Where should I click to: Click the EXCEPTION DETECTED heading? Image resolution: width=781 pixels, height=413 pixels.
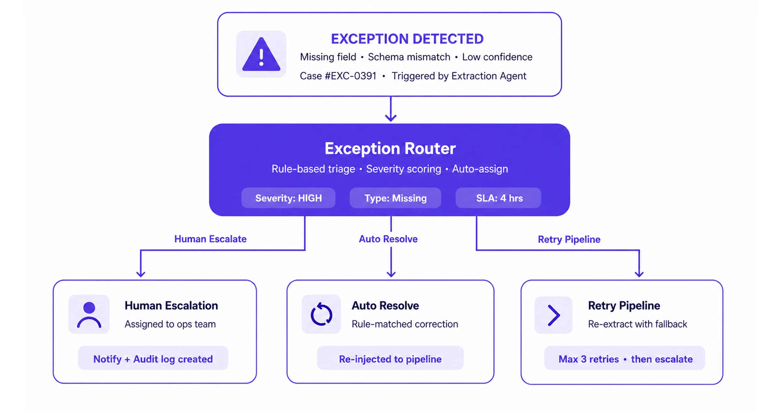[407, 39]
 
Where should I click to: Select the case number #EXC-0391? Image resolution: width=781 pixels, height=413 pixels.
[351, 76]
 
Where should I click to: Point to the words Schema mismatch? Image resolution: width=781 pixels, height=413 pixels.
[409, 57]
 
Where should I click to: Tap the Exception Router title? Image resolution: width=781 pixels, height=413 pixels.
[390, 148]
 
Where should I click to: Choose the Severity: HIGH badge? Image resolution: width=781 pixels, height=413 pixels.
[288, 198]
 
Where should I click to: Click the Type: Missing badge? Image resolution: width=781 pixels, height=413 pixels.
[395, 198]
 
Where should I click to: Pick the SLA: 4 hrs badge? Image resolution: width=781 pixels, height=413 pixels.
[498, 198]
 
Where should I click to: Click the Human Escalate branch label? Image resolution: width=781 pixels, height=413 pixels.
[210, 239]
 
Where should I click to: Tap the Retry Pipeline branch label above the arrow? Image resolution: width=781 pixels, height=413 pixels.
[569, 239]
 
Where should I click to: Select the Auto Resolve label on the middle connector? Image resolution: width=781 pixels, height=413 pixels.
[388, 239]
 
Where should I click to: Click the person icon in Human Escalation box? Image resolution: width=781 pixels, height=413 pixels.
[89, 315]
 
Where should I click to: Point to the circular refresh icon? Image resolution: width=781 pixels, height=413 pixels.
[321, 314]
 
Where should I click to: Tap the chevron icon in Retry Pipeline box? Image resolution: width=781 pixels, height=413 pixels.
[554, 315]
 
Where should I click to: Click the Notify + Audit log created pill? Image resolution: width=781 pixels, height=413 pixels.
[153, 358]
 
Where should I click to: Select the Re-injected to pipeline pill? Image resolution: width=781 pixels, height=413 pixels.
[390, 358]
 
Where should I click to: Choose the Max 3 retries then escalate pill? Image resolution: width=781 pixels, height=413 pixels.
[625, 358]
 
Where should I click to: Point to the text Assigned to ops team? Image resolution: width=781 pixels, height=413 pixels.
[170, 324]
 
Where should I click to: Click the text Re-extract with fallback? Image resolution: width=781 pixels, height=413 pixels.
[638, 324]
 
